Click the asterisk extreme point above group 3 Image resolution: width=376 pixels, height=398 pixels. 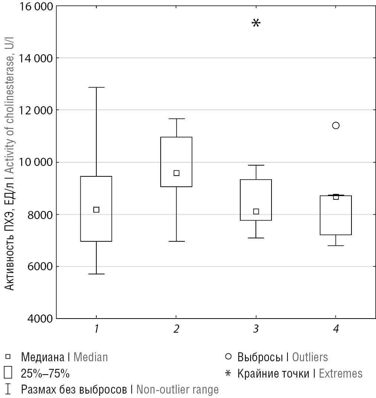click(256, 23)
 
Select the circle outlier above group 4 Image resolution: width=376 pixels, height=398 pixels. click(336, 125)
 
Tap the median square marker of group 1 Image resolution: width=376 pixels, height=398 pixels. click(96, 210)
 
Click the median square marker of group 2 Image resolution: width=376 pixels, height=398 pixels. click(177, 173)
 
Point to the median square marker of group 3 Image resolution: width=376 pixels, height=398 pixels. click(256, 212)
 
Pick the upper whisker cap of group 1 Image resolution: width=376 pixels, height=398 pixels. click(96, 88)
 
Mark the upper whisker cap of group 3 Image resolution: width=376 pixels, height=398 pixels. click(256, 165)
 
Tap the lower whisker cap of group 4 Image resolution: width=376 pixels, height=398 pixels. click(336, 245)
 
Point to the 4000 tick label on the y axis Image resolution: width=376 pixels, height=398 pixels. click(39, 319)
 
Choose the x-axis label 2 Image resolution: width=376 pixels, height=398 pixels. click(176, 329)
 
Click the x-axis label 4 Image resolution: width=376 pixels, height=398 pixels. click(336, 329)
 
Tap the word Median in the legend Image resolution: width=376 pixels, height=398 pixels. click(91, 357)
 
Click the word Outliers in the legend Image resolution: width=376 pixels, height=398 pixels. click(310, 357)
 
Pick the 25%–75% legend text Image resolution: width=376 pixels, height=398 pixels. click(45, 373)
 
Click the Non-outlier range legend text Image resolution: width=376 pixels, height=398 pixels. click(177, 389)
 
